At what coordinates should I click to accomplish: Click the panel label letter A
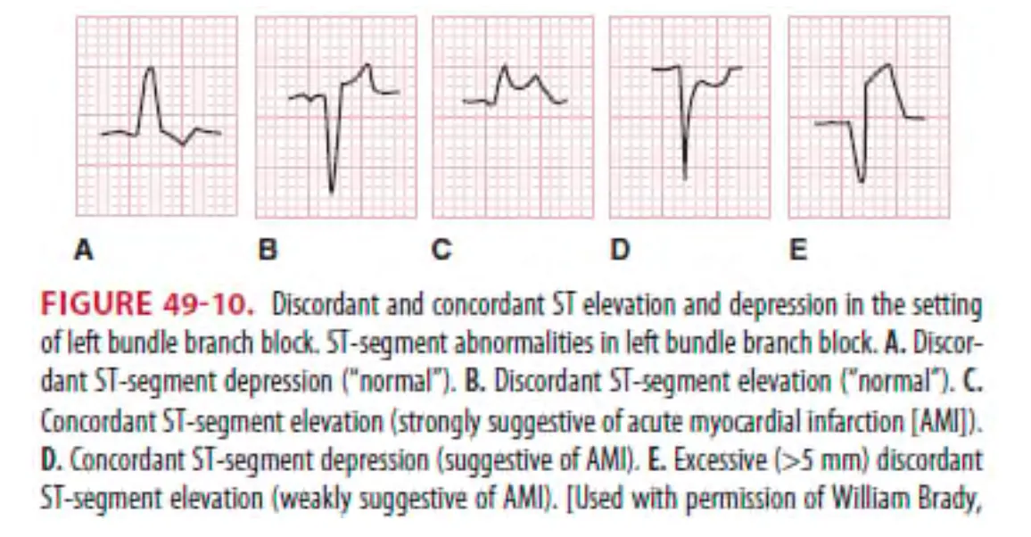(x=84, y=251)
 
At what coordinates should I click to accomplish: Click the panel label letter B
(x=267, y=251)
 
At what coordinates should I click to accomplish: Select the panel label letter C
(x=441, y=251)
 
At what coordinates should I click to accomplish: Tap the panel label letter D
(x=619, y=251)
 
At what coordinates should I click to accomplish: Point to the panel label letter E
(x=798, y=251)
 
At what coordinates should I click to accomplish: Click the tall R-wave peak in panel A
(x=152, y=69)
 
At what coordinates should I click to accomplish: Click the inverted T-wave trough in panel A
(x=183, y=145)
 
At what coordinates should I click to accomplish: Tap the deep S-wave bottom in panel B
(x=332, y=191)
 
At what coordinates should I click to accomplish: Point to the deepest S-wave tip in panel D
(x=685, y=178)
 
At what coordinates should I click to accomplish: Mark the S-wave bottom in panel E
(x=861, y=182)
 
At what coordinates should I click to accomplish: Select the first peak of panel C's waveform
(x=505, y=67)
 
